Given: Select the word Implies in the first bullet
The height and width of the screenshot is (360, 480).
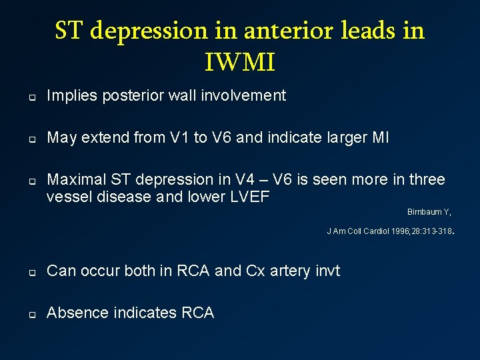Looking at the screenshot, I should (x=73, y=96).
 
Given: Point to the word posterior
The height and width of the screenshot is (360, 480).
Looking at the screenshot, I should (x=137, y=96).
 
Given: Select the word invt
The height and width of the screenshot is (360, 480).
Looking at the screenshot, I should (x=325, y=271).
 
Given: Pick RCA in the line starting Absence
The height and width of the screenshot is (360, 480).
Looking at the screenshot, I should (x=198, y=313).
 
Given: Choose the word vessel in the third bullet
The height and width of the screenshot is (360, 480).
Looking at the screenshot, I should (x=67, y=197).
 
